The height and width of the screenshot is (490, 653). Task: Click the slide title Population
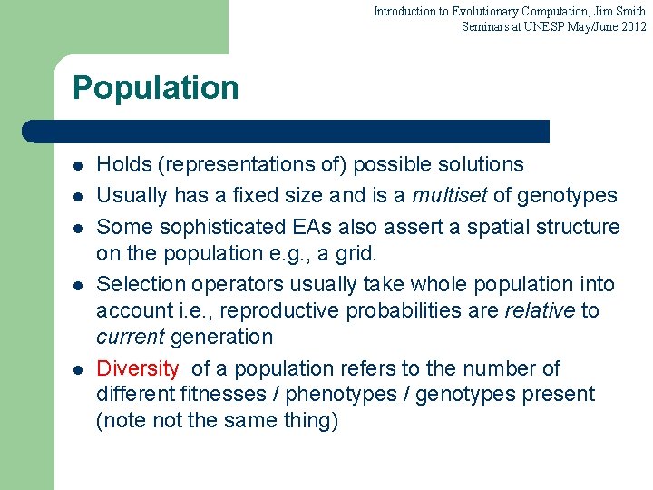[x=155, y=88]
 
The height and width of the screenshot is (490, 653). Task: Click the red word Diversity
[x=138, y=368]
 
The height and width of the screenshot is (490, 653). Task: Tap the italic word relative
[x=541, y=311]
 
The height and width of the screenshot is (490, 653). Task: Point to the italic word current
[x=130, y=338]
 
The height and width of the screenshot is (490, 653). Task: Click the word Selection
[x=137, y=285]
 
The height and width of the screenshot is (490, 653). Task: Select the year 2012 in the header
[x=632, y=26]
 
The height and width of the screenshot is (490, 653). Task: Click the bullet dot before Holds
[x=79, y=166]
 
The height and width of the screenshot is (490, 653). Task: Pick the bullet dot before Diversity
[x=79, y=370]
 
